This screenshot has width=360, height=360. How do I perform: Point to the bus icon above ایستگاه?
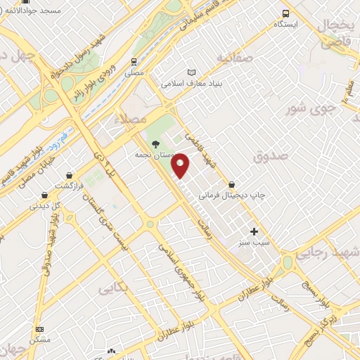click(x=285, y=13)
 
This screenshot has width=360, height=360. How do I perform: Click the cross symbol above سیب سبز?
click(x=254, y=231)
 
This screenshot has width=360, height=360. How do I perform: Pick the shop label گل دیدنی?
click(x=44, y=207)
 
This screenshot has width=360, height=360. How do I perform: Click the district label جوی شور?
click(x=309, y=110)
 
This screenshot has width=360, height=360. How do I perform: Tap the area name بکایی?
click(x=114, y=288)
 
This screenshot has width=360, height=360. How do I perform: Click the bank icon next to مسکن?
click(x=39, y=329)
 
